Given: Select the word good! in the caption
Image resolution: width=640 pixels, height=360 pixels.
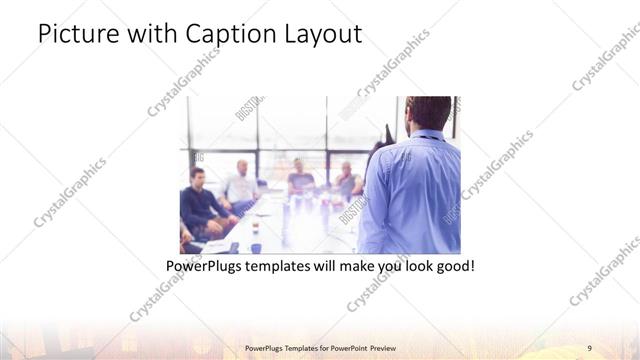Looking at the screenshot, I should click(x=452, y=267).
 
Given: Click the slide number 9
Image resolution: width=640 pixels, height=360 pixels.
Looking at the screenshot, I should click(x=589, y=347).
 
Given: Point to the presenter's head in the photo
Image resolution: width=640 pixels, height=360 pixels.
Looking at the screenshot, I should click(x=429, y=112).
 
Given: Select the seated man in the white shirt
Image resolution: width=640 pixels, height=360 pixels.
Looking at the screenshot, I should click(x=241, y=185).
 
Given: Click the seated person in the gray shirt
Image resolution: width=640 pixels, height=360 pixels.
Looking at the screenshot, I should click(x=300, y=180).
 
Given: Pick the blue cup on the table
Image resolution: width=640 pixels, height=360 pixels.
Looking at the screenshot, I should click(x=256, y=246).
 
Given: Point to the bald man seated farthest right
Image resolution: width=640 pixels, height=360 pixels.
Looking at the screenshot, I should click(x=346, y=180).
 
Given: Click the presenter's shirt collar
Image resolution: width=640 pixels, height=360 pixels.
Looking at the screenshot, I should click(x=425, y=135).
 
